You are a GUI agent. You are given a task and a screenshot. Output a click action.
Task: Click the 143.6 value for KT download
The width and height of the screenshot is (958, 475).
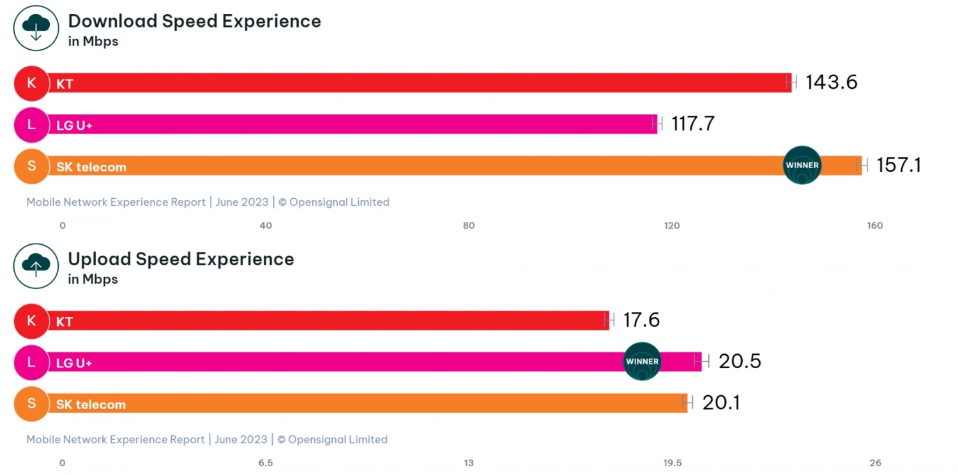(x=831, y=82)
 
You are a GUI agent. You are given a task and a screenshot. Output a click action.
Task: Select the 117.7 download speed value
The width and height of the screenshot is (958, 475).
(x=692, y=124)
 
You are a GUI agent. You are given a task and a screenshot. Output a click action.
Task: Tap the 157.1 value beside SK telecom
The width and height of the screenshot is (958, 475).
(x=899, y=166)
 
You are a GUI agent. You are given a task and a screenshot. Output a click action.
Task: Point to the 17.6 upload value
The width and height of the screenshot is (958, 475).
(x=641, y=320)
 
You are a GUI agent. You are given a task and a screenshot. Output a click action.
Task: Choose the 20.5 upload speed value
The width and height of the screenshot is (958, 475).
(x=740, y=362)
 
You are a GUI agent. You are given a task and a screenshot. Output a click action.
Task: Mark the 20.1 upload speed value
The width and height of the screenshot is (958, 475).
(x=721, y=403)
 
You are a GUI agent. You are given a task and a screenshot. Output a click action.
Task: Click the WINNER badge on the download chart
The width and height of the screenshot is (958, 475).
(x=802, y=166)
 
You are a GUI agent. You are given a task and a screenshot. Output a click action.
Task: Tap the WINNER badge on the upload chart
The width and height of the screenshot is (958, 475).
(x=642, y=362)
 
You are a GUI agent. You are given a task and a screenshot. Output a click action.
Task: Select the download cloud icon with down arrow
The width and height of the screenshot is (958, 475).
(x=36, y=28)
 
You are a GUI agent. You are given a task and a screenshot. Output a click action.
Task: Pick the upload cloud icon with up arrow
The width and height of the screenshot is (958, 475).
(x=36, y=266)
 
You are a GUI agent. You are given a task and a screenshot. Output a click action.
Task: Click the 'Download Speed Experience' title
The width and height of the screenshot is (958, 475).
(x=194, y=21)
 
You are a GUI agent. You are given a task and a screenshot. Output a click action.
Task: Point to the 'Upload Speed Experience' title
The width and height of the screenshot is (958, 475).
(x=181, y=259)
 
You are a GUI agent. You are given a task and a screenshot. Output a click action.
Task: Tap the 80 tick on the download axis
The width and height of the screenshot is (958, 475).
(x=469, y=226)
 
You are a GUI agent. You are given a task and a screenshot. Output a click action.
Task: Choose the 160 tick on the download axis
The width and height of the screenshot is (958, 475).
(x=874, y=226)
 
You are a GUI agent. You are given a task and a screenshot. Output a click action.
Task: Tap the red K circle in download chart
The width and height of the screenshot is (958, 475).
(x=31, y=83)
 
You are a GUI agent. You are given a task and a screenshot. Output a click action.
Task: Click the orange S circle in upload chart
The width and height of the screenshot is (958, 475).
(x=31, y=403)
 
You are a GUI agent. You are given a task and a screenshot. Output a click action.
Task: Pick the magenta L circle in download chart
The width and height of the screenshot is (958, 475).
(x=31, y=125)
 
